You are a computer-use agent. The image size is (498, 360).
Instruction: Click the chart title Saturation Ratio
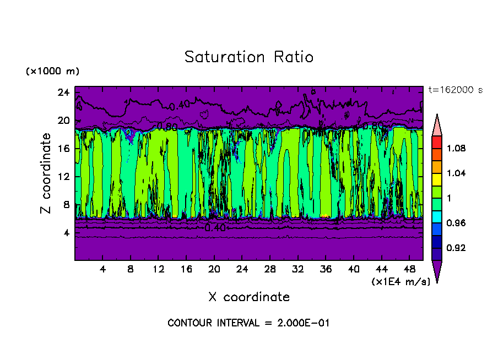[249, 57]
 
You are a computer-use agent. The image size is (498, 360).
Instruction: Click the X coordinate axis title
[249, 297]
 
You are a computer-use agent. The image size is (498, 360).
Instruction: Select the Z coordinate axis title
[46, 173]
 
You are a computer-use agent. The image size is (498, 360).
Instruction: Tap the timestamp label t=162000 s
[455, 90]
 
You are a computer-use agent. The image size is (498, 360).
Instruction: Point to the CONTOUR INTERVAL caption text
[248, 323]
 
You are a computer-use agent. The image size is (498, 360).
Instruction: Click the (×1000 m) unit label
[53, 72]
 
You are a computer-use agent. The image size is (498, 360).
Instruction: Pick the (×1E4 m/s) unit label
[400, 281]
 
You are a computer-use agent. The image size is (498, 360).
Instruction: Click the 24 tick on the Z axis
[64, 92]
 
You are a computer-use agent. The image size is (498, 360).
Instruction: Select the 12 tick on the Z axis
[64, 176]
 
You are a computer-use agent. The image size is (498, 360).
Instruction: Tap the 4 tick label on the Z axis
[67, 232]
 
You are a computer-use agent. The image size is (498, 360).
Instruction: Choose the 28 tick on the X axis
[270, 270]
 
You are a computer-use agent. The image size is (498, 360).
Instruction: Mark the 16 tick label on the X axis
[186, 270]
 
